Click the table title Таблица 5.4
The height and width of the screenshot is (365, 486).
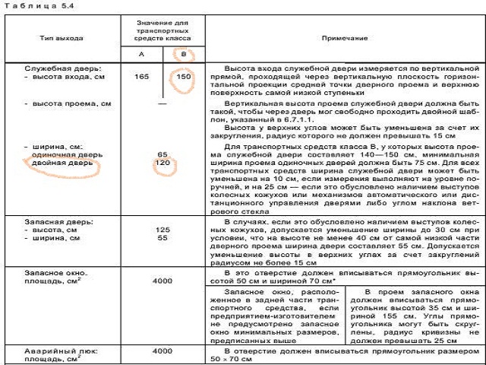click(32, 5)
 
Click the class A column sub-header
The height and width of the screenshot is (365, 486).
click(141, 55)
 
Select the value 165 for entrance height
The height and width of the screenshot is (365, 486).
click(141, 77)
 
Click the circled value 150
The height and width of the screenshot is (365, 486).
click(182, 77)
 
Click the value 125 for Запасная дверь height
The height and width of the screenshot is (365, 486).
click(162, 229)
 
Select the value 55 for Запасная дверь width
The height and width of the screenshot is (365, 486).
click(162, 238)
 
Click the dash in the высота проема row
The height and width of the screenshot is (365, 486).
click(162, 102)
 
